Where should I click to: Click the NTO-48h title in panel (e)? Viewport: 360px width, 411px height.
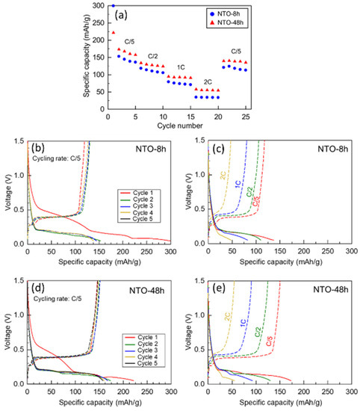point(329,290)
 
